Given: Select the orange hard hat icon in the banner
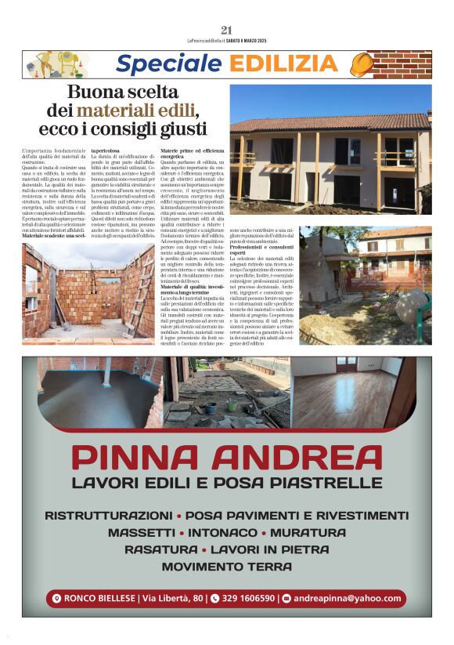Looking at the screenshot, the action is click(361, 63).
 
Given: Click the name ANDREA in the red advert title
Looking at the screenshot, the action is click(301, 457).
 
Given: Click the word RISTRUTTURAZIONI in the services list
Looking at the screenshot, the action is click(107, 516).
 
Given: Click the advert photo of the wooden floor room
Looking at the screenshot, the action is click(366, 390).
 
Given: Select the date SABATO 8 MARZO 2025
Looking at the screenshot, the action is click(268, 42).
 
